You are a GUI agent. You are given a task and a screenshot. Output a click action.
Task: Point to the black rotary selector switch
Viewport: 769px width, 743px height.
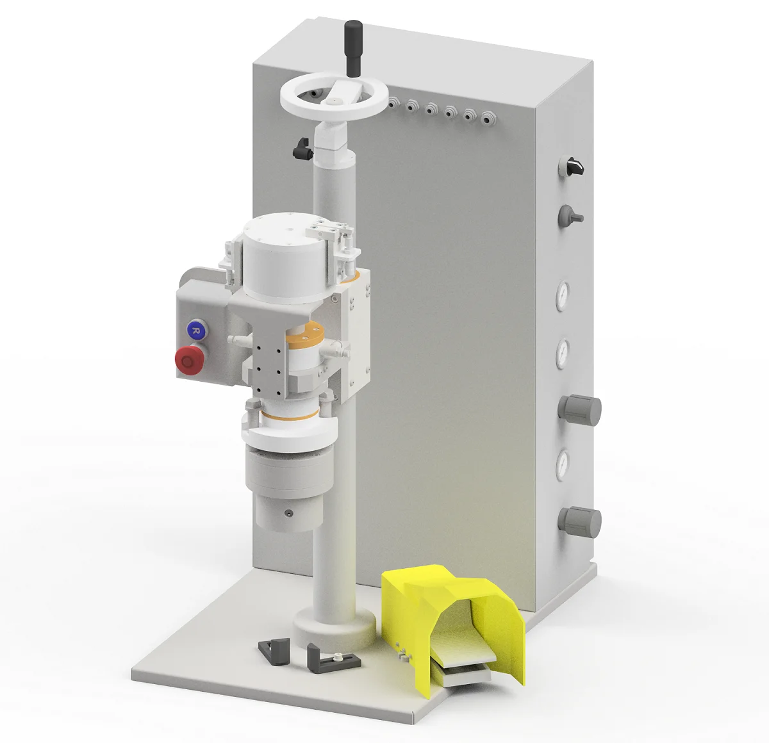click(573, 166)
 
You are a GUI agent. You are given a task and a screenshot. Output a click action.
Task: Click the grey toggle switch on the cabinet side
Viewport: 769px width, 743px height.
click(570, 216)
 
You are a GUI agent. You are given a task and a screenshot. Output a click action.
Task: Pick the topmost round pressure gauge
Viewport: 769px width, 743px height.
click(562, 295)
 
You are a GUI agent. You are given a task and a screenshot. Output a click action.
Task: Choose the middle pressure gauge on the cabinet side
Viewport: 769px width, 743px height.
click(562, 353)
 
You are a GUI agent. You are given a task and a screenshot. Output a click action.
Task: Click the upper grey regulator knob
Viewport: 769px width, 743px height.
click(579, 410)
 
